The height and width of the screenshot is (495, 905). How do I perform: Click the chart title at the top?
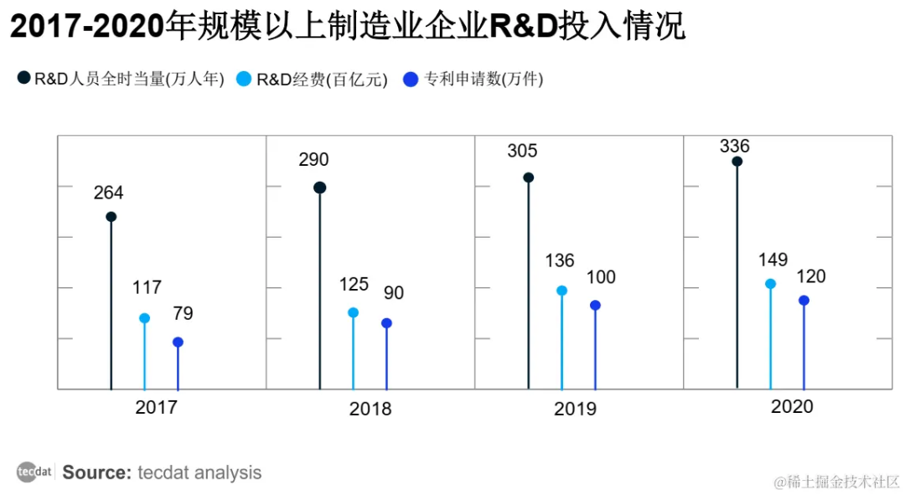(347, 28)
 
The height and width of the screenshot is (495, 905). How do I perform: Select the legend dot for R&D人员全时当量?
(23, 80)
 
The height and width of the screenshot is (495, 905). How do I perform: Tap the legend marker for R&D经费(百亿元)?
(245, 80)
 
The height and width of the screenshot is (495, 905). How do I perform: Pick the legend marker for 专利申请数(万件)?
(411, 80)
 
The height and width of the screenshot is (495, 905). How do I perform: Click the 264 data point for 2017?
(111, 216)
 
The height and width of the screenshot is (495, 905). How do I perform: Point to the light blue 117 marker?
(144, 318)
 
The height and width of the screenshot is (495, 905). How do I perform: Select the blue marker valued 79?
(178, 342)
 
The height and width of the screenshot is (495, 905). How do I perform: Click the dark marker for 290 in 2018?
(319, 188)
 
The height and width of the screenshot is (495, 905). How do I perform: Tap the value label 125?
(354, 285)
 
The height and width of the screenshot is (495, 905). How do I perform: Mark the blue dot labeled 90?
(386, 322)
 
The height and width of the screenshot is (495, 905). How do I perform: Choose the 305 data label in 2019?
(522, 152)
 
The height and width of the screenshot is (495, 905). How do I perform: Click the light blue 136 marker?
(561, 291)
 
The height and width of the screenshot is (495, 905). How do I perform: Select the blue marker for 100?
(595, 305)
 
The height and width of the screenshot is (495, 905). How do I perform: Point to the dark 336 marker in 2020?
(737, 162)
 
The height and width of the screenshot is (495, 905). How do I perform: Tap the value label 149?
(773, 260)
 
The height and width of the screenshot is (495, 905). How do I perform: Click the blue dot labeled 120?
(804, 300)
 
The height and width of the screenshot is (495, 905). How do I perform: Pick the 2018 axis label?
(370, 410)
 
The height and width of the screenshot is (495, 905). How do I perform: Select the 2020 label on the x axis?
(792, 407)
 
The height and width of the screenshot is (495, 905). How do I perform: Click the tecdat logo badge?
(34, 472)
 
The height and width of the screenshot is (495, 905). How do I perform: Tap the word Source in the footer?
(96, 472)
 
